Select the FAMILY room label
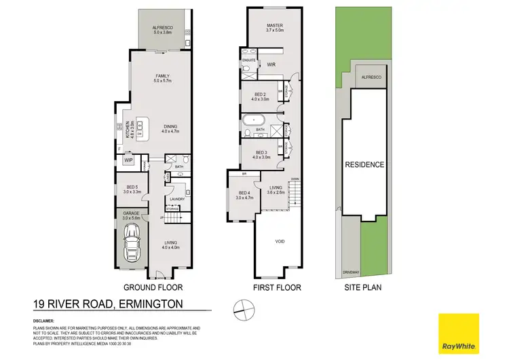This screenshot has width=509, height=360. coord(162,76)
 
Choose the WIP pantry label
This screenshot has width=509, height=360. coord(128,160)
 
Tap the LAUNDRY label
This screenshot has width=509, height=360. coord(177,199)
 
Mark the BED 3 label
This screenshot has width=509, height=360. coord(261,154)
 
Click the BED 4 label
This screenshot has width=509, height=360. coord(242,195)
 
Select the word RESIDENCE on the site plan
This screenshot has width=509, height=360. coord(364,164)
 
